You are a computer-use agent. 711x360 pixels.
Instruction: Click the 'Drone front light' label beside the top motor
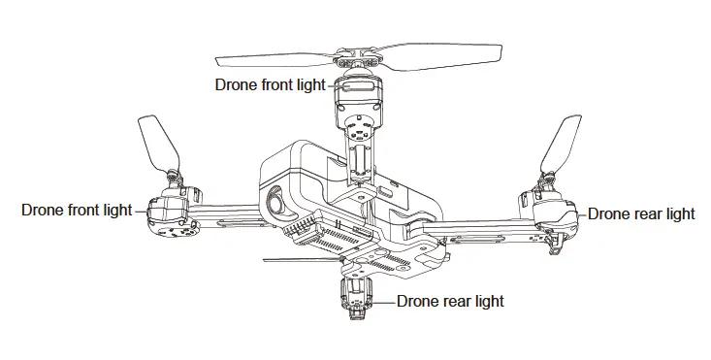tap(271, 84)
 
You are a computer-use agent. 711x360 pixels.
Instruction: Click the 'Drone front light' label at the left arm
tap(77, 211)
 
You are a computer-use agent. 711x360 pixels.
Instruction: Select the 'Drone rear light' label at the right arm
tap(641, 213)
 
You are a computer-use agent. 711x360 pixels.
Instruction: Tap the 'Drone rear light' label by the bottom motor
tap(450, 301)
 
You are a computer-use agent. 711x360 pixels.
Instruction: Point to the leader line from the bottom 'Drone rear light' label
tap(385, 301)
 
